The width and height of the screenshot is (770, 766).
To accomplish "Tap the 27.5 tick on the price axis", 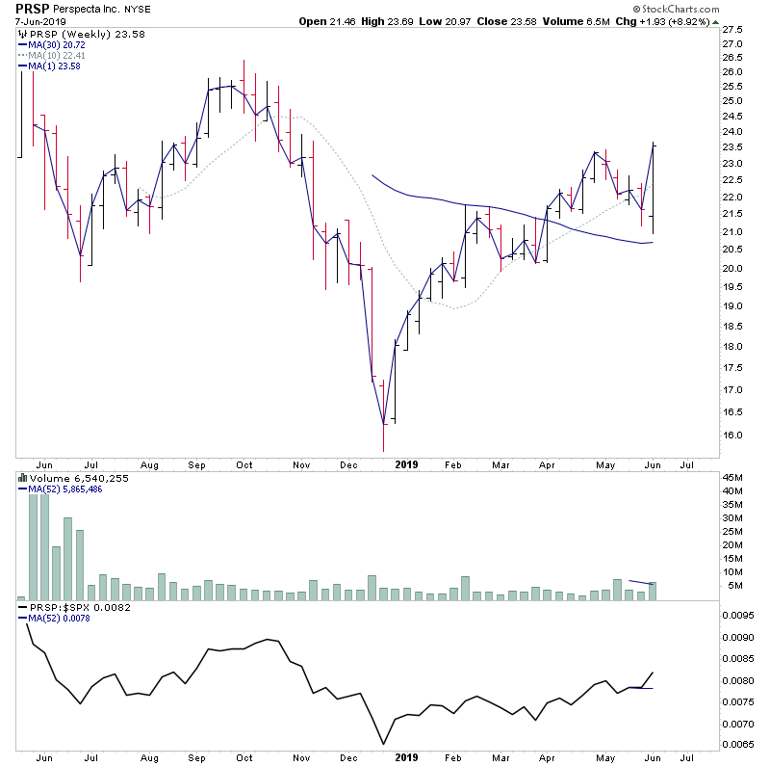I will click(733, 29).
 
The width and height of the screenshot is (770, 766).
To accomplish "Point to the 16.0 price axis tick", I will click(733, 436).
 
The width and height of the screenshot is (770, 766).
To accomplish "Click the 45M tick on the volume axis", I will click(733, 477).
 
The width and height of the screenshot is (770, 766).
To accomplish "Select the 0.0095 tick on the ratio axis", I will click(739, 614).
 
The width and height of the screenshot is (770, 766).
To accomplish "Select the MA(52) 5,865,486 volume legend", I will click(64, 489).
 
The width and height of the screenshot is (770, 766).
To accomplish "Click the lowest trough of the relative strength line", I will click(384, 744).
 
